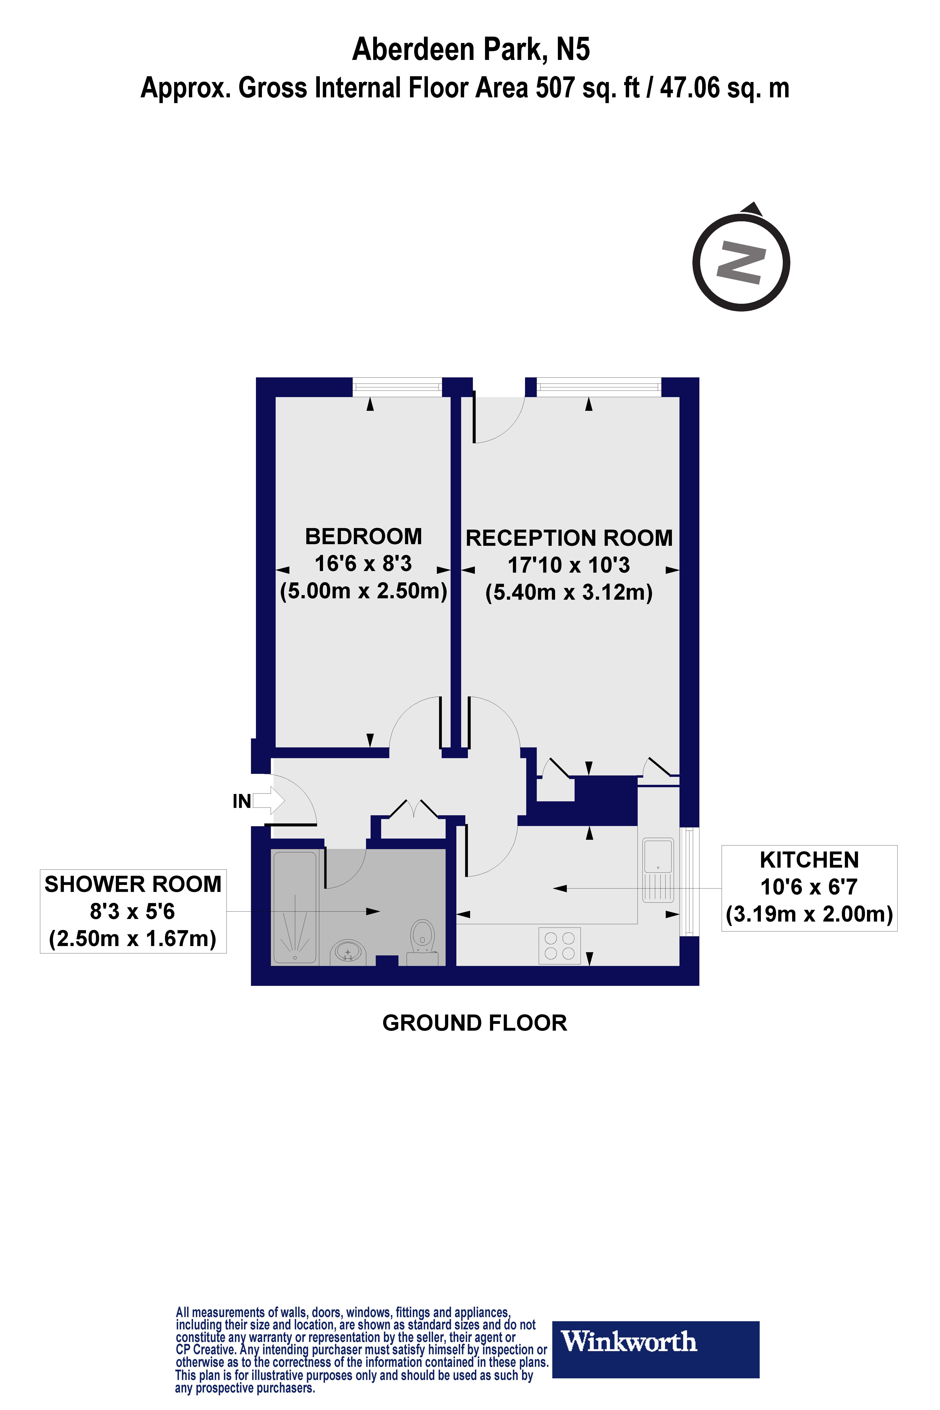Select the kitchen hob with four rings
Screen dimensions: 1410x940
(x=559, y=945)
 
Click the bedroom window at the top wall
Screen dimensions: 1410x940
(x=397, y=387)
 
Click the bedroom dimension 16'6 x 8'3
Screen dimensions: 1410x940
(x=363, y=563)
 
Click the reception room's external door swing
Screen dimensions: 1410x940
(x=498, y=420)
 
